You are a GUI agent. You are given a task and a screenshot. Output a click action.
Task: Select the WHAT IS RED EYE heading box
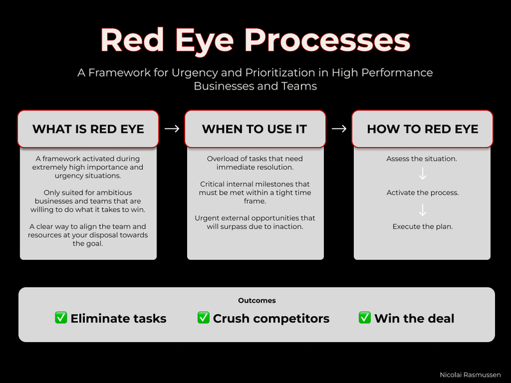(88, 129)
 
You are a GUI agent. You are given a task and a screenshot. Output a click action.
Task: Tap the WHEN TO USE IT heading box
(255, 129)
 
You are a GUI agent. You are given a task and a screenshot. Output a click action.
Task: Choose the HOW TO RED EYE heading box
(422, 129)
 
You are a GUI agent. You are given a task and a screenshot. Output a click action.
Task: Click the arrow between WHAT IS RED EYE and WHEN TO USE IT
(171, 129)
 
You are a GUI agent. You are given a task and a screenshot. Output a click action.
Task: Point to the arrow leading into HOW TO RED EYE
(339, 129)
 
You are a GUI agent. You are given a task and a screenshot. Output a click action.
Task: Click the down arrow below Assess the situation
(422, 175)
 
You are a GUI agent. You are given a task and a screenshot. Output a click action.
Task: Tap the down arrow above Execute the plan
(422, 209)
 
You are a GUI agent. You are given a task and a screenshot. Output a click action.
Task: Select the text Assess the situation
(422, 158)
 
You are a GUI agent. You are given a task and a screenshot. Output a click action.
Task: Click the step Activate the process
(422, 192)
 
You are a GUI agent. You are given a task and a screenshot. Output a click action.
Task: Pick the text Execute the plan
(422, 227)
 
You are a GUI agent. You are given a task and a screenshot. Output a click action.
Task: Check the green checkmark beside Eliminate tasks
(61, 317)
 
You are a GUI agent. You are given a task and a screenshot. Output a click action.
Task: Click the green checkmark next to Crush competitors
(204, 317)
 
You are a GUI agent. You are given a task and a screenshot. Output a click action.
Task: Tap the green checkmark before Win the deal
(365, 317)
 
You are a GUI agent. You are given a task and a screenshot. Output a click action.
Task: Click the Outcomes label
(257, 300)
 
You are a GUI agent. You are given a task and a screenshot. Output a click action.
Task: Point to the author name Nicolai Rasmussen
(471, 375)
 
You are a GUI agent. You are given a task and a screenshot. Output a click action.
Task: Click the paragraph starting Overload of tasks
(255, 163)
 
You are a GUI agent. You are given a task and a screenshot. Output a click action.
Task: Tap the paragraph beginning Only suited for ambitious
(88, 201)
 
